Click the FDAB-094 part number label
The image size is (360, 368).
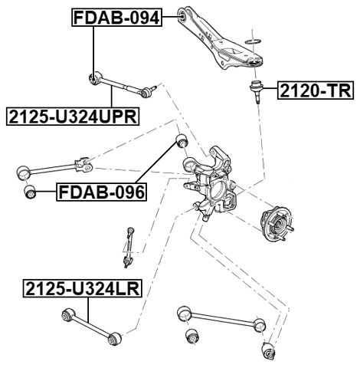(117, 17)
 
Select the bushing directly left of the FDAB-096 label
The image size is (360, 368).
(31, 192)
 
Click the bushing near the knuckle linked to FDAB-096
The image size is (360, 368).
(182, 140)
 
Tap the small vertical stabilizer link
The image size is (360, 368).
(129, 247)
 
